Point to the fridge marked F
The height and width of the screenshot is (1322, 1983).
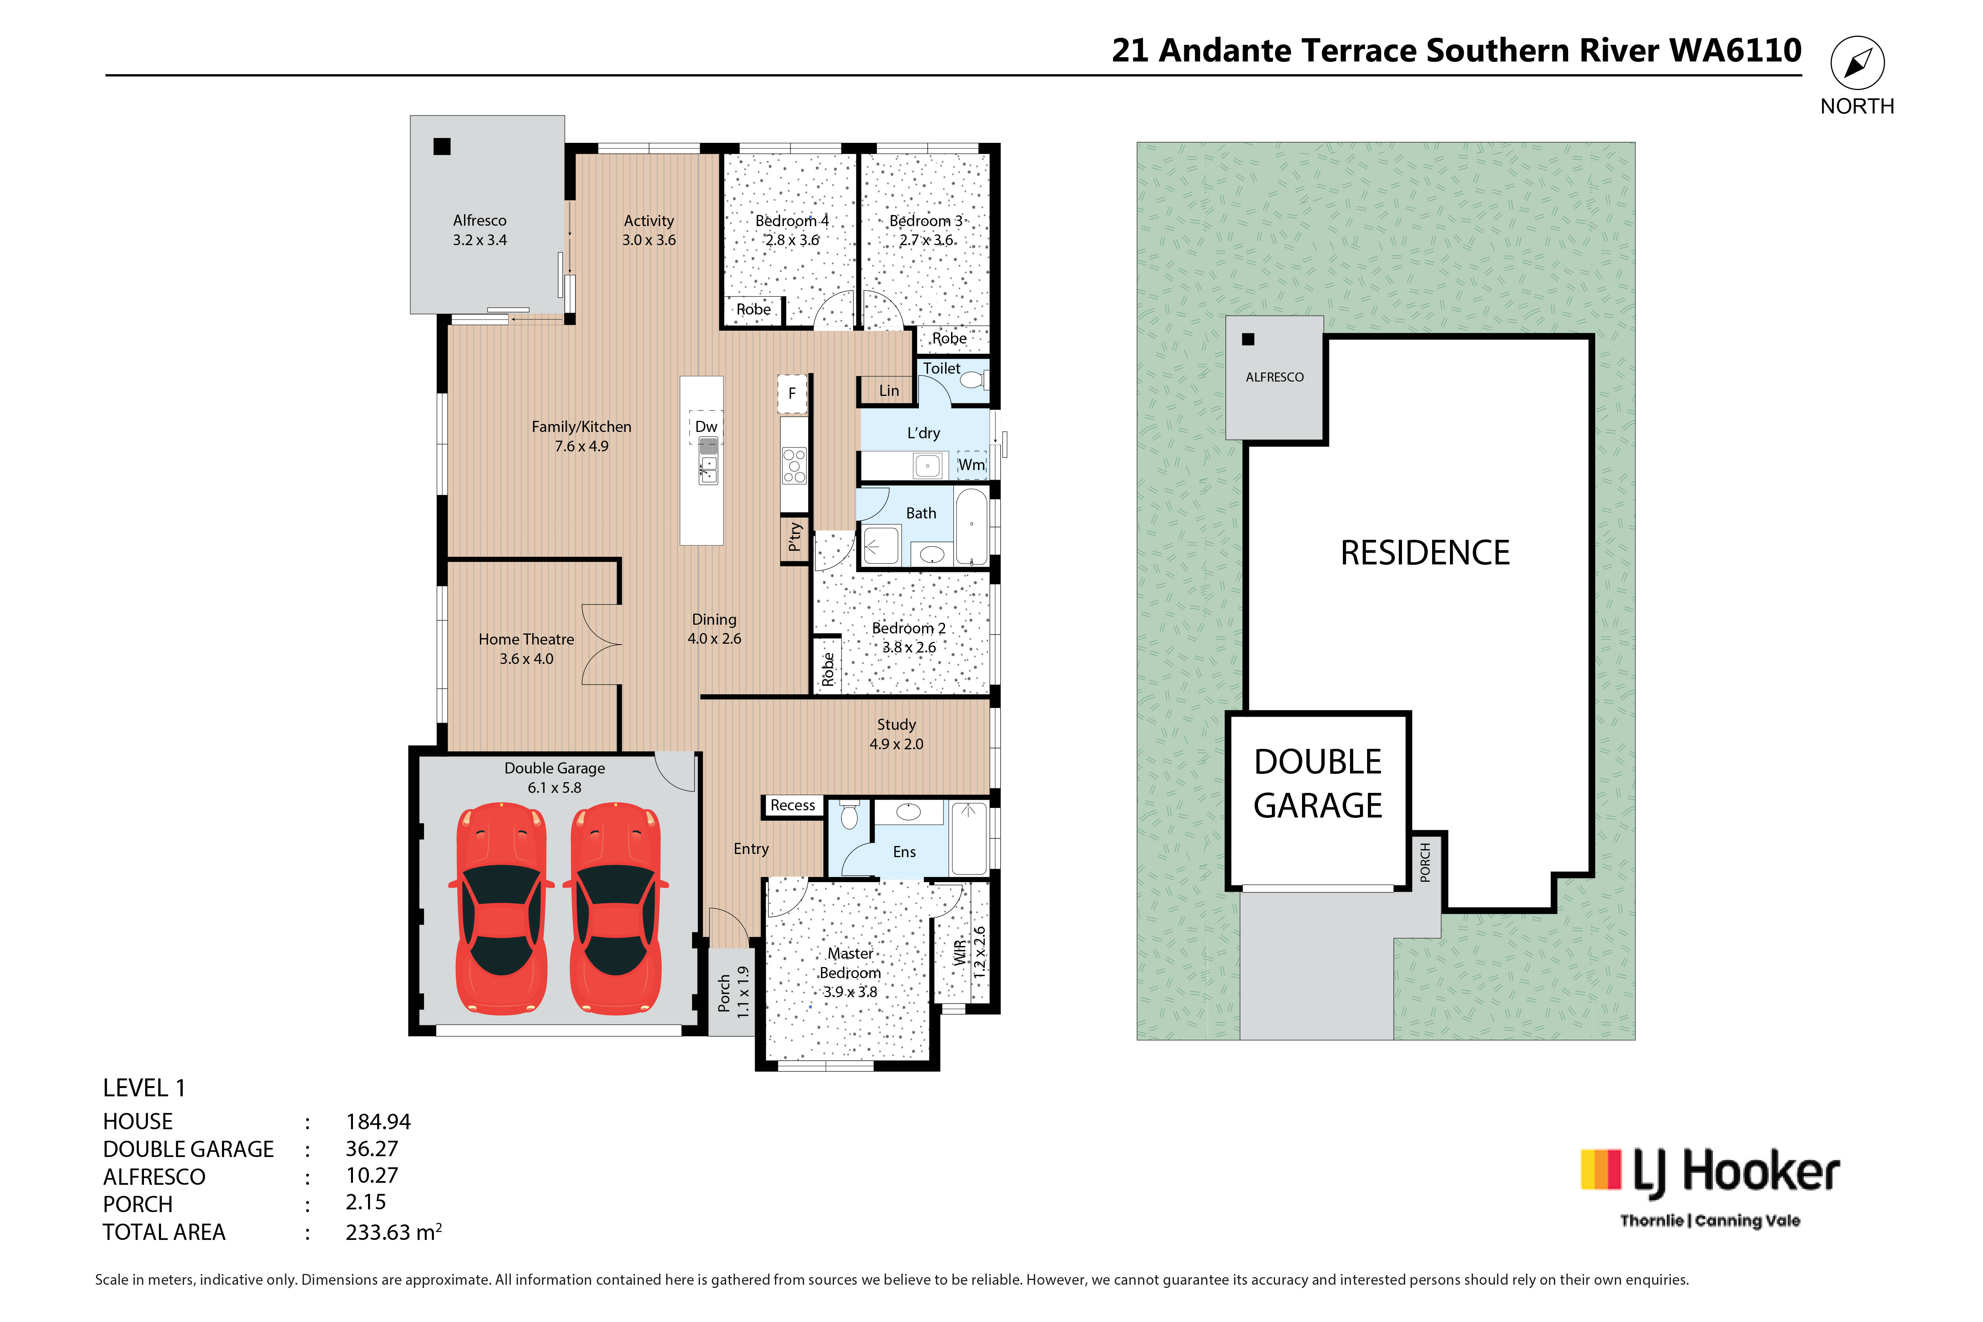[x=792, y=394]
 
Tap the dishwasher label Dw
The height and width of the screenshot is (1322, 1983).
[x=706, y=427]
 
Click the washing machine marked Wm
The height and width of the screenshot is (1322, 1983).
[x=971, y=464]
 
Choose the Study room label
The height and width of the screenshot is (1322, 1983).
[x=896, y=724]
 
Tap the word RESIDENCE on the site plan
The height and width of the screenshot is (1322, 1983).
[x=1425, y=553]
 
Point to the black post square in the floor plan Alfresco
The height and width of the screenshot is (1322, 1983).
[x=442, y=147]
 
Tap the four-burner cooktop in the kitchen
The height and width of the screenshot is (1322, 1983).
[x=794, y=465]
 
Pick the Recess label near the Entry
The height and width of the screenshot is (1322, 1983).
[x=792, y=805]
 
